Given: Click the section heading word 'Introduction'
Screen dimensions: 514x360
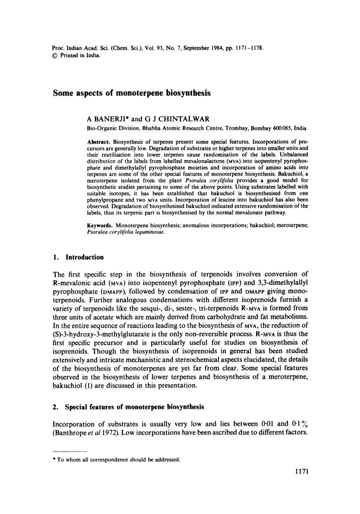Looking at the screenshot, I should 85,257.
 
